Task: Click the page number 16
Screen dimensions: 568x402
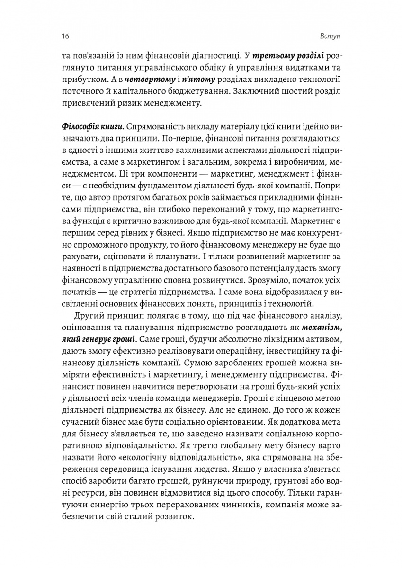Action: tap(65, 37)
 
